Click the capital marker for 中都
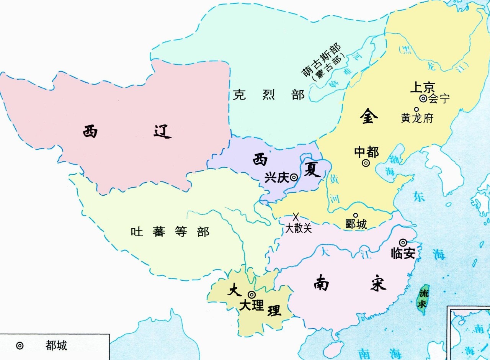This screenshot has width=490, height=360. (x=366, y=163)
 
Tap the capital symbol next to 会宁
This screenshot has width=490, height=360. (x=423, y=98)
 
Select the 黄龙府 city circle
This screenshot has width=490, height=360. (x=416, y=109)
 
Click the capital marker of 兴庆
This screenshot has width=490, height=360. (x=294, y=177)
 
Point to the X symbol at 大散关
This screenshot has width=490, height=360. (x=296, y=217)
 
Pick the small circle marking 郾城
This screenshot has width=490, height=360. (x=355, y=215)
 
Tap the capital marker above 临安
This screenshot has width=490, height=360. (x=403, y=242)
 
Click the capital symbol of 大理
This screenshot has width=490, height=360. (x=252, y=295)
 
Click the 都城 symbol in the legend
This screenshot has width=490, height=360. (x=20, y=345)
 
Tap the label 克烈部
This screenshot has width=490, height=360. (x=269, y=95)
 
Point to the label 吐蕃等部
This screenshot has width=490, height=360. (x=170, y=232)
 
